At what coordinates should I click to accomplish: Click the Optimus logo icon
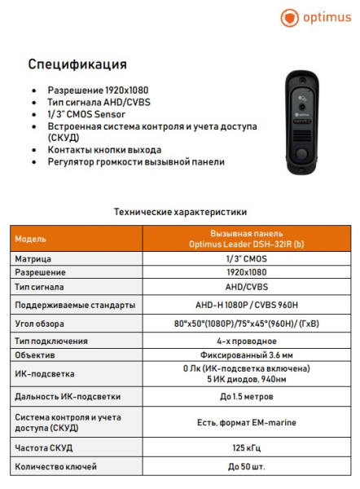289,18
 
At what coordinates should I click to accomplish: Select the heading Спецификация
77,64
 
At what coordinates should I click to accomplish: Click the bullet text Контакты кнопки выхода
104,150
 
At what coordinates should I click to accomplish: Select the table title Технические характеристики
181,212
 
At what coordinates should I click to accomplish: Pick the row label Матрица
33,258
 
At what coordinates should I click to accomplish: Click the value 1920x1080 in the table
246,272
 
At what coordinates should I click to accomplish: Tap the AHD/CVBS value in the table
246,288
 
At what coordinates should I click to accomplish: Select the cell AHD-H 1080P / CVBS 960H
246,305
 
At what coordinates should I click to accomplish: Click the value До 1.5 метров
246,397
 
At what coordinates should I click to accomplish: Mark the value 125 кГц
246,447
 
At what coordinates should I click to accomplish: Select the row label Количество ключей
55,466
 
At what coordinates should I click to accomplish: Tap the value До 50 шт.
246,466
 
